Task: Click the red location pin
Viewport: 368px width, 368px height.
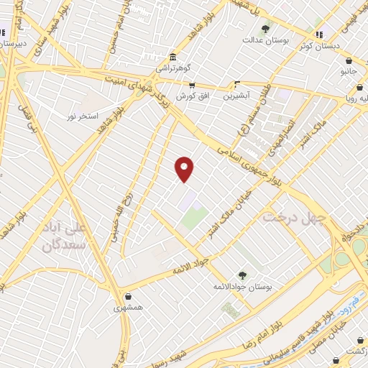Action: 185,168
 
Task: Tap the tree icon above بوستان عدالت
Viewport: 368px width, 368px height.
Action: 266,29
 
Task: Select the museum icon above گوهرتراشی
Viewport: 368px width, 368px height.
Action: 172,58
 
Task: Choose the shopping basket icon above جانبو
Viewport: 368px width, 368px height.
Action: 349,61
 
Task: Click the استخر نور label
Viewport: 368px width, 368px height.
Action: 82,115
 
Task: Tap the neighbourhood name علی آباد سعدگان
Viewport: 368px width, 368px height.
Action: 65,237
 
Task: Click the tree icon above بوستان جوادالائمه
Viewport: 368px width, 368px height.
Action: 241,275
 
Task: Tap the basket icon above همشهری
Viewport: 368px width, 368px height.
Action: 128,296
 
